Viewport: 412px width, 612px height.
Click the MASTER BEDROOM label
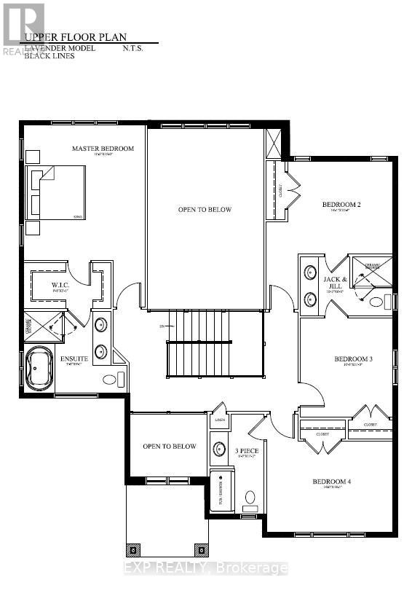click(103, 149)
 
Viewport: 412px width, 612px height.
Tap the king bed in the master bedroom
click(57, 192)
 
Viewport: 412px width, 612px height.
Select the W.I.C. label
click(60, 285)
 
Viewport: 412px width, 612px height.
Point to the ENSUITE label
click(74, 358)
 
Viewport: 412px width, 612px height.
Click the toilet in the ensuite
click(112, 379)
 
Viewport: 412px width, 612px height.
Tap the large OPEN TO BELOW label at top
click(205, 210)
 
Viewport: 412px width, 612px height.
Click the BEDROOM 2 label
click(341, 205)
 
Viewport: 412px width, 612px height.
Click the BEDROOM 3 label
click(353, 359)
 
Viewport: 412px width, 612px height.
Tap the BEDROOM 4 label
click(332, 482)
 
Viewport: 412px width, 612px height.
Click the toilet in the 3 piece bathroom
click(250, 498)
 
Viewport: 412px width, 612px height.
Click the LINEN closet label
click(220, 420)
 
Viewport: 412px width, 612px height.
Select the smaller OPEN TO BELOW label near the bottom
click(169, 447)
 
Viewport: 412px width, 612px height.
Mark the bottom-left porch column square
click(132, 549)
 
